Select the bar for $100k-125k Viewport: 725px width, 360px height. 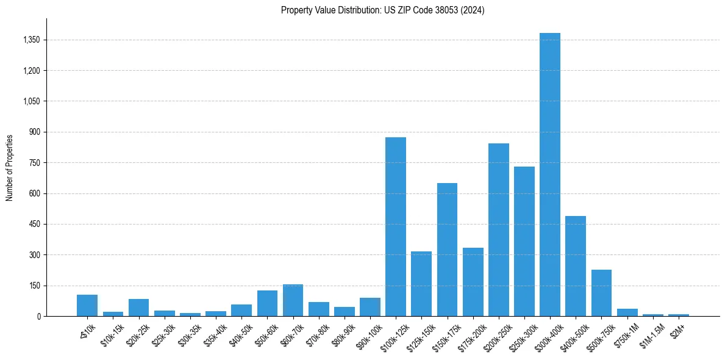click(396, 227)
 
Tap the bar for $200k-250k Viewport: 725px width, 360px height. click(499, 230)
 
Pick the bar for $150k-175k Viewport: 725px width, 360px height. click(447, 250)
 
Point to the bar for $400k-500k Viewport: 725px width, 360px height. click(576, 266)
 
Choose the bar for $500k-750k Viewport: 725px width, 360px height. click(601, 293)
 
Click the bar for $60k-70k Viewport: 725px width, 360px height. click(293, 300)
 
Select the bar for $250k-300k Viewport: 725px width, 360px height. click(524, 242)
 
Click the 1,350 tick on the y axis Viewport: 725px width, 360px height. click(31, 40)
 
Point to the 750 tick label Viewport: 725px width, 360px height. click(35, 163)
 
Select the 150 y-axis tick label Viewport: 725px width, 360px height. click(35, 286)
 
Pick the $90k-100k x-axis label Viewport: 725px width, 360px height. click(368, 334)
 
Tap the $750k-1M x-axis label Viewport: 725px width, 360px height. click(626, 333)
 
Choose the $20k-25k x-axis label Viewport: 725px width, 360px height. click(137, 333)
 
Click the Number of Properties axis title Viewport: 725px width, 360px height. click(10, 167)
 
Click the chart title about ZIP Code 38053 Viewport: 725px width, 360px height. click(382, 10)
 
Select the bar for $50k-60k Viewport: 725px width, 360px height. click(267, 303)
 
